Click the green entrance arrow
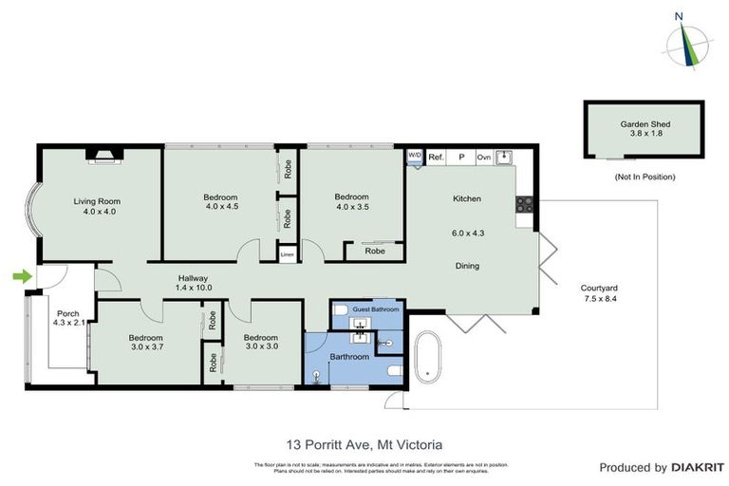21,276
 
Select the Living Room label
97,201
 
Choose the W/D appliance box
415,156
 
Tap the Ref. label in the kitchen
437,157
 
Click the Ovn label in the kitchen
483,157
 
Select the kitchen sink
504,157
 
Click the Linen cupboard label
287,253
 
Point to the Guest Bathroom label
376,309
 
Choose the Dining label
466,267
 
